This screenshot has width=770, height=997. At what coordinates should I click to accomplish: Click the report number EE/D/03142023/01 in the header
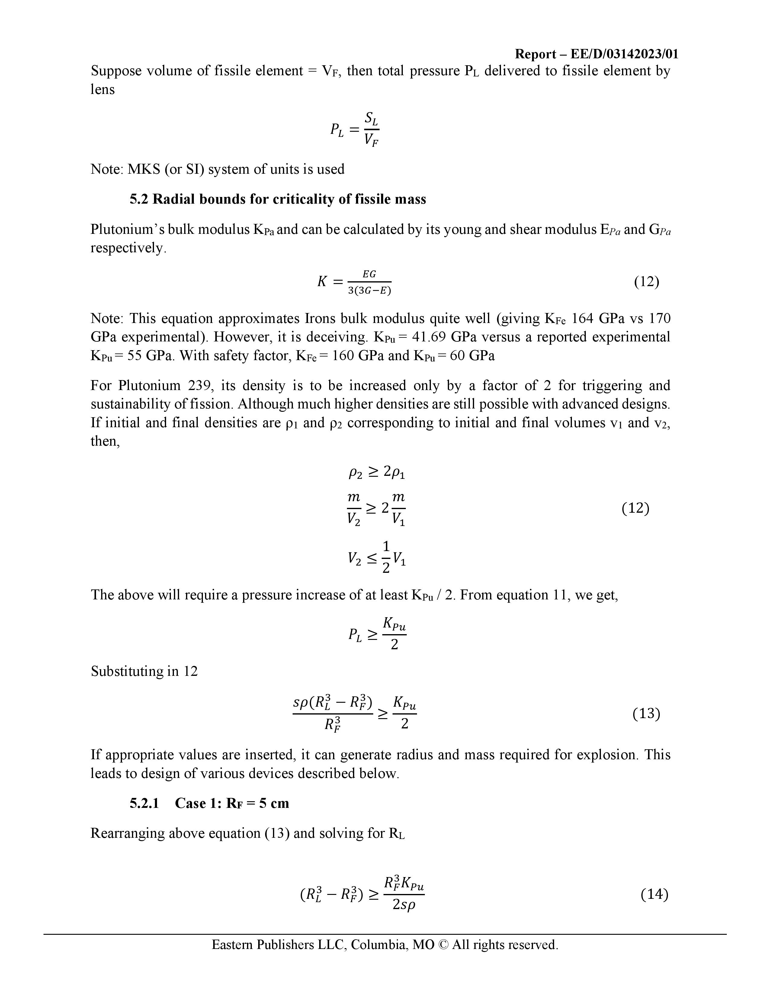[624, 54]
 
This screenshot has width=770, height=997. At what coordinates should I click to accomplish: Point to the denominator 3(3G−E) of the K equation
[370, 290]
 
